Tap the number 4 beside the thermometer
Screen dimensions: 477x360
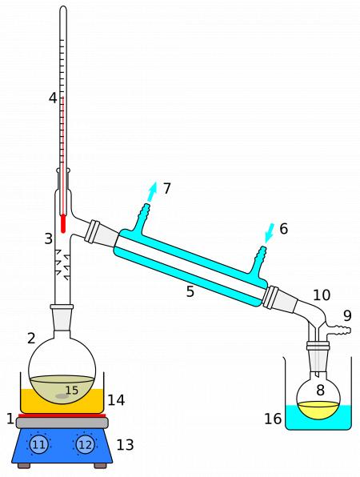(53, 98)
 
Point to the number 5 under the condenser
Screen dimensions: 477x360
(190, 291)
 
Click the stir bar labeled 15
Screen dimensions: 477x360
(62, 395)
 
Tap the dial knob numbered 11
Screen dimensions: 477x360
(39, 444)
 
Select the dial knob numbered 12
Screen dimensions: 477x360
(85, 444)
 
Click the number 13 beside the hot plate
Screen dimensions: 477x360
(126, 444)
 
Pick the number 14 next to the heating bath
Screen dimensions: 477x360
(116, 399)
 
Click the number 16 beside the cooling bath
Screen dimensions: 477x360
(274, 419)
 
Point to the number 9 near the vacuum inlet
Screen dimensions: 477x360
(346, 315)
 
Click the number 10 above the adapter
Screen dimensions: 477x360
(322, 295)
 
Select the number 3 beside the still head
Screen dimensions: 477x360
(48, 238)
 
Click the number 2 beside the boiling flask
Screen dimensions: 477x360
(31, 339)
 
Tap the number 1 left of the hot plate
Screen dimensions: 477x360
(10, 419)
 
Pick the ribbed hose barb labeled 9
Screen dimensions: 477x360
(342, 328)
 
